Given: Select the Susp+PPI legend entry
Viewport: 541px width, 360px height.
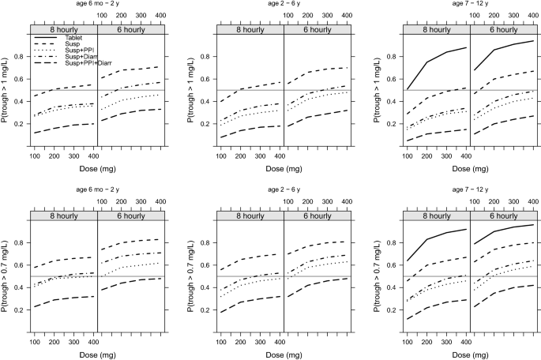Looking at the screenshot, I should pyautogui.click(x=77, y=51).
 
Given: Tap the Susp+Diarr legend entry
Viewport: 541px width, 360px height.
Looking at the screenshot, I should pyautogui.click(x=78, y=57).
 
